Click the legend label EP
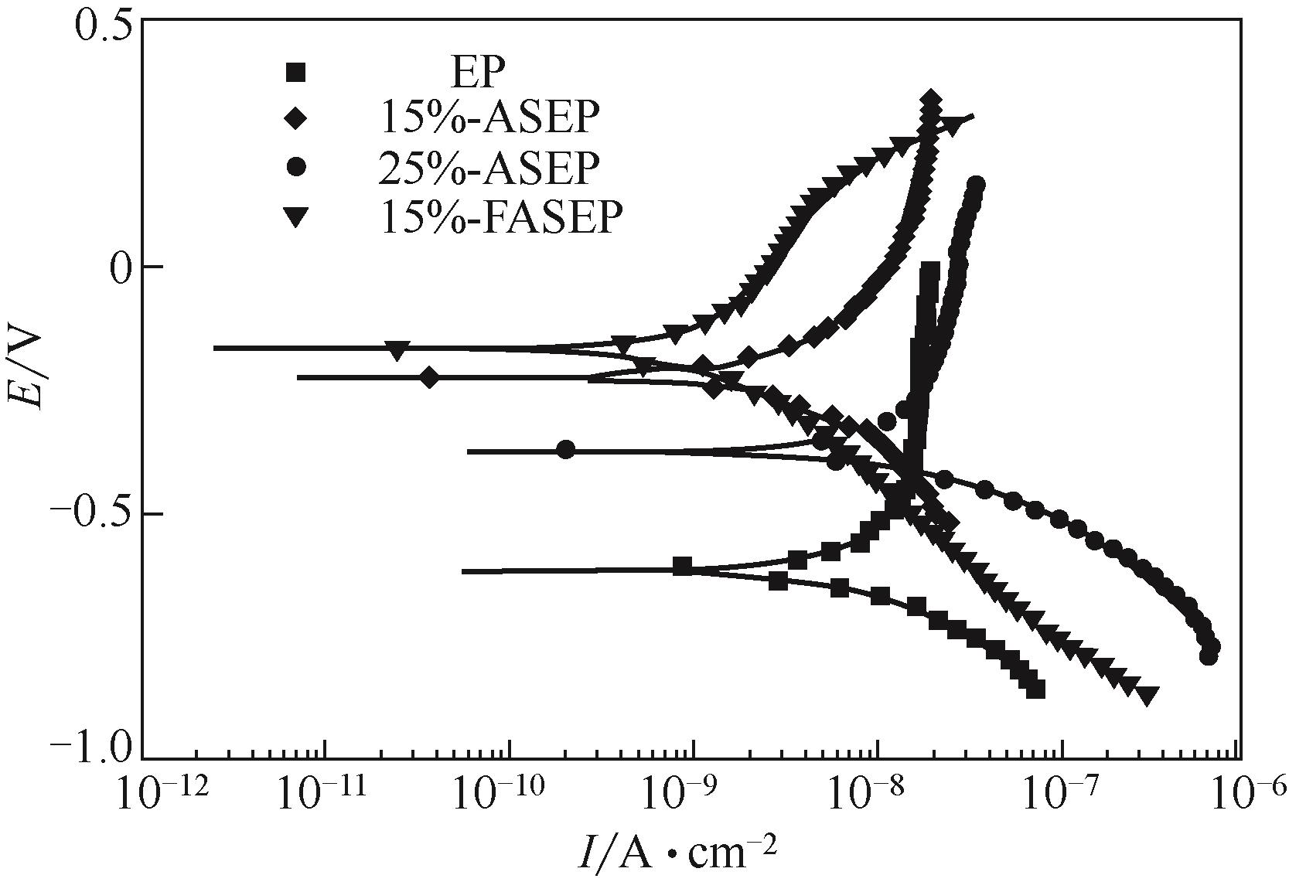pos(478,75)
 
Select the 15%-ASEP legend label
pos(489,118)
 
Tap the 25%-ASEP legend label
pos(489,169)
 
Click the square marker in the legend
pos(296,73)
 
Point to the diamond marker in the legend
pos(296,119)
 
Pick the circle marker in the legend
pos(296,169)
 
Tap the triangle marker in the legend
pos(296,218)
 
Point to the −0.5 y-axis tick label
pos(91,514)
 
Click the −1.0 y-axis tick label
pos(91,748)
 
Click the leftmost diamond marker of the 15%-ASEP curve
pos(431,377)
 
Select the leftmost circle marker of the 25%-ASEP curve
pos(566,450)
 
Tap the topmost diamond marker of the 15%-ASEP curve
pos(931,100)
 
